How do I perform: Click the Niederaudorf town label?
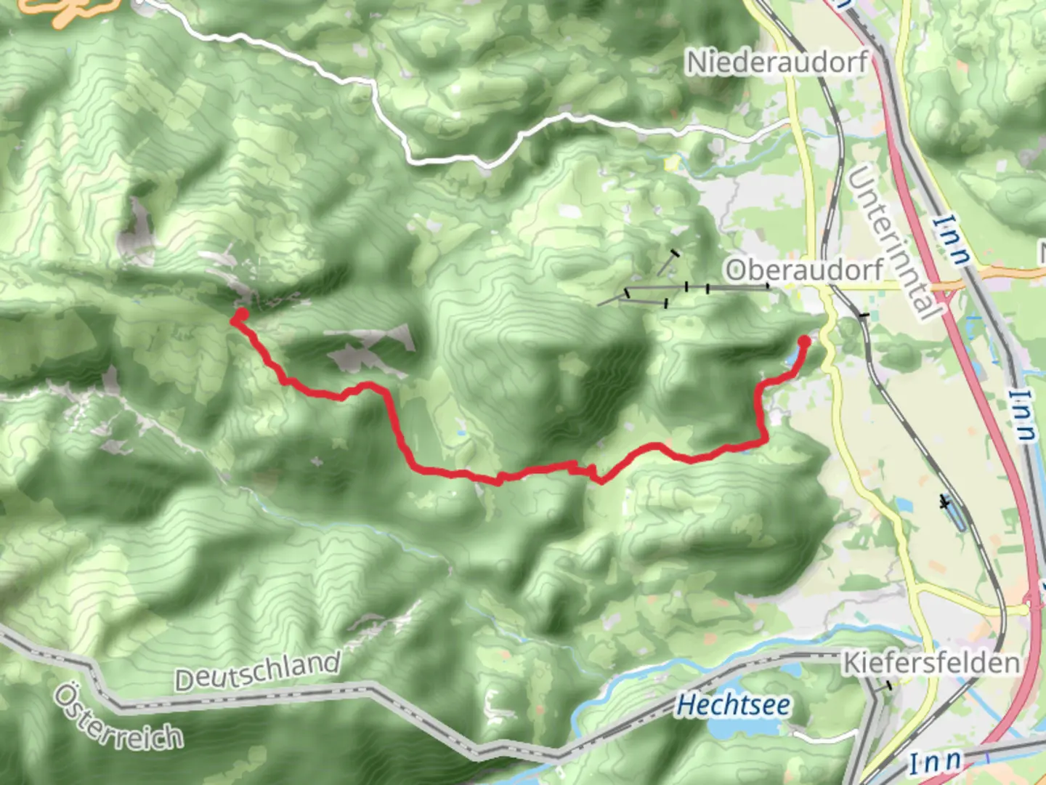click(777, 63)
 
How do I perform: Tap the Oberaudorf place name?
click(804, 270)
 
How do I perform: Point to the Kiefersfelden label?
click(931, 664)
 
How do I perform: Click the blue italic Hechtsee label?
click(733, 705)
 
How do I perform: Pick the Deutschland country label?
click(257, 672)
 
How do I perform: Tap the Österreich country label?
click(118, 719)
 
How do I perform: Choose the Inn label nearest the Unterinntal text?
click(952, 239)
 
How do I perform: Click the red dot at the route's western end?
click(240, 315)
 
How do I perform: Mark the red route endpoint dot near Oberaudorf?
click(804, 341)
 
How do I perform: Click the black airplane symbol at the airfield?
click(944, 502)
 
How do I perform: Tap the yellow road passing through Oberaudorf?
click(814, 218)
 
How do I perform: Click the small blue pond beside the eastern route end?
click(794, 359)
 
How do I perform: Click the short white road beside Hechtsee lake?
click(821, 737)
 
